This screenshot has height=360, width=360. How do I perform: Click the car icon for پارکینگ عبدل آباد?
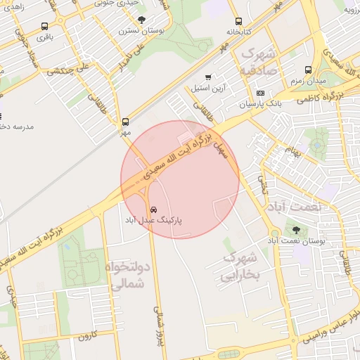point(153,210)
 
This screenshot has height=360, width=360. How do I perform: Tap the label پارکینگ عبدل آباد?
point(154,220)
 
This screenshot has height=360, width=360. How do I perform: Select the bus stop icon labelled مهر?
point(126,122)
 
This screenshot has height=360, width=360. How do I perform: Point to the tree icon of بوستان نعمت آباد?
point(295,230)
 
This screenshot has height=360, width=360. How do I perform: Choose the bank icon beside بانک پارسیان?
point(260,94)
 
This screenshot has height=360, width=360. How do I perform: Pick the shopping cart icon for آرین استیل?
point(208,77)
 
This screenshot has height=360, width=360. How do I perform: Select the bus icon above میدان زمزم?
point(308,70)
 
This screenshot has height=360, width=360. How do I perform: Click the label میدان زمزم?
point(308,81)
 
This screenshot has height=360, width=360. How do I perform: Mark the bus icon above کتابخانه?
point(238,21)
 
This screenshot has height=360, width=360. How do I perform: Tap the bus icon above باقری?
point(46,26)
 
